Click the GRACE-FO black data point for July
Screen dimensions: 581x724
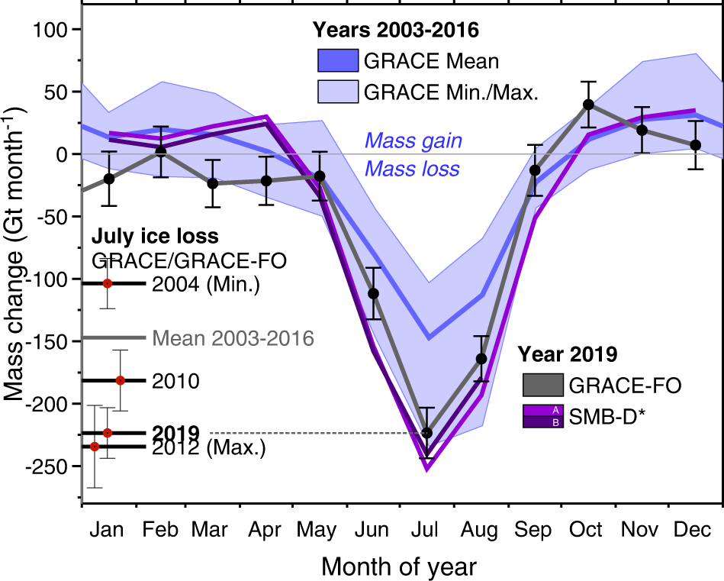pyautogui.click(x=427, y=433)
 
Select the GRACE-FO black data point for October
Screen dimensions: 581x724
pyautogui.click(x=588, y=105)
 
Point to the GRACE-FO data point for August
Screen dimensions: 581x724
pyautogui.click(x=481, y=358)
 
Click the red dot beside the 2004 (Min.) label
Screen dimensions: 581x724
pyautogui.click(x=108, y=283)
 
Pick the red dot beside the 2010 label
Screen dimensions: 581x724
pyautogui.click(x=121, y=380)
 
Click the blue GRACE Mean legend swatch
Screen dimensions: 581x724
pyautogui.click(x=337, y=60)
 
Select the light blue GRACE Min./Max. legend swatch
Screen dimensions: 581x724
pyautogui.click(x=337, y=92)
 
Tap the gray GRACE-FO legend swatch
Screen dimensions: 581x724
pyautogui.click(x=542, y=385)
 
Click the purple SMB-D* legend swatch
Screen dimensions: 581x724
pyautogui.click(x=542, y=415)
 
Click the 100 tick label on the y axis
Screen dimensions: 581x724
pyautogui.click(x=53, y=30)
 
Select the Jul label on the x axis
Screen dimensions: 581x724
pyautogui.click(x=427, y=529)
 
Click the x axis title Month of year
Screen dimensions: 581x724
pyautogui.click(x=400, y=566)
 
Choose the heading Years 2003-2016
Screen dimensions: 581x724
pyautogui.click(x=395, y=31)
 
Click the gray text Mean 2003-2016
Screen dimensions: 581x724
pyautogui.click(x=233, y=337)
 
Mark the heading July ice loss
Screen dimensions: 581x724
pyautogui.click(x=155, y=236)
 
